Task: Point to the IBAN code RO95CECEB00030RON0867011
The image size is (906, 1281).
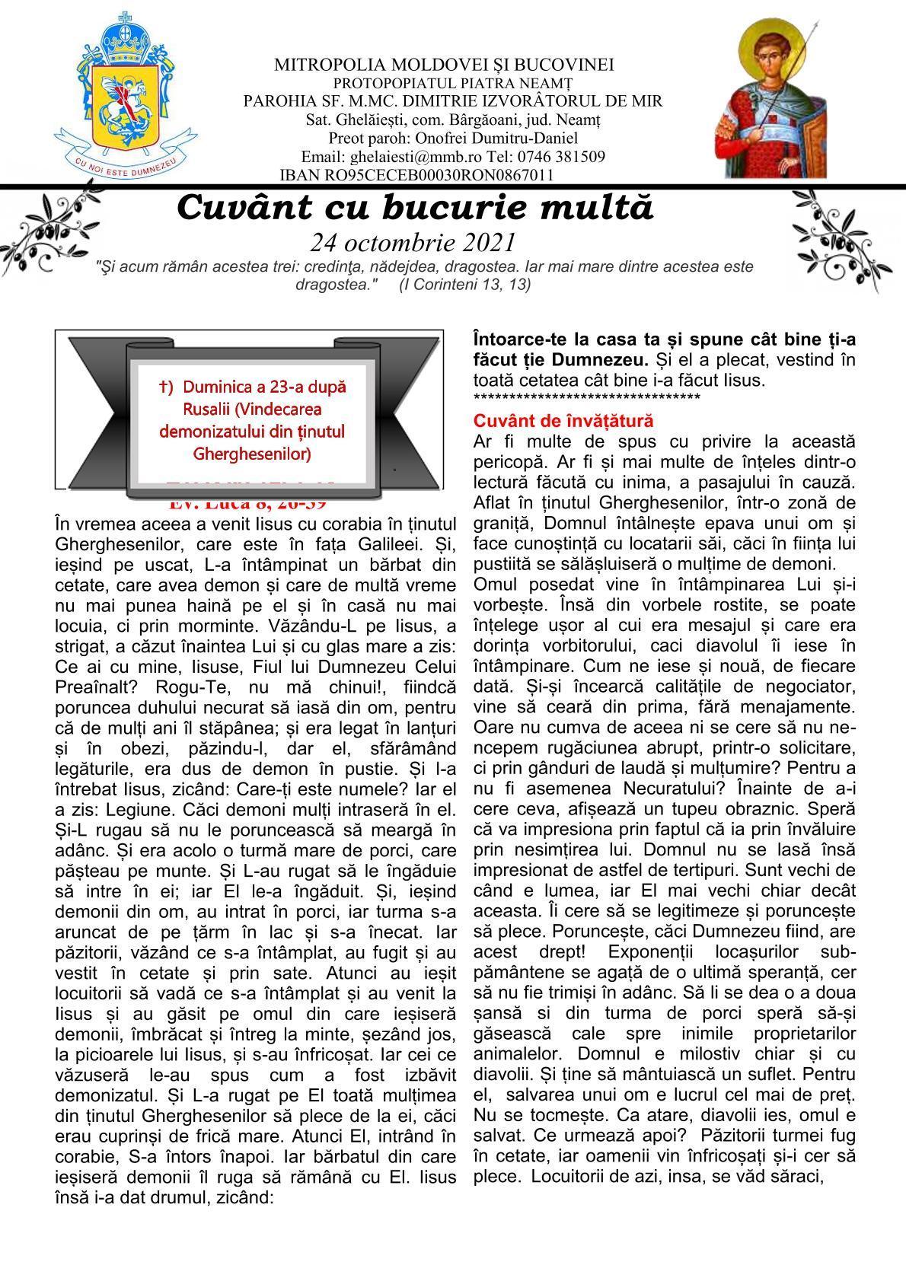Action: coord(429,175)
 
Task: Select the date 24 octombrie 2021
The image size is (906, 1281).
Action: coord(413,242)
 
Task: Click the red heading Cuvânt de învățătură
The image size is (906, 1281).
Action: coord(563,421)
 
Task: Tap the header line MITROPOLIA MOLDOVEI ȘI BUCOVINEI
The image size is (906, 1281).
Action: coord(444,65)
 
